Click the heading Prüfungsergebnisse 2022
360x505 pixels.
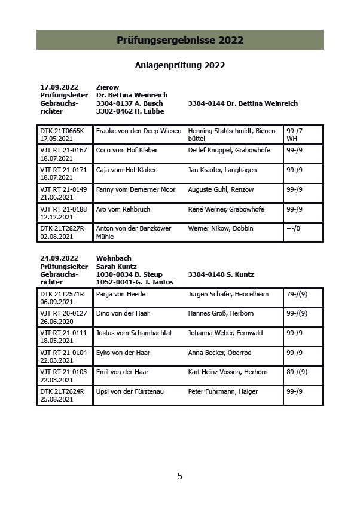tap(179, 41)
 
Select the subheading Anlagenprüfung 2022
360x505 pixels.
tap(179, 65)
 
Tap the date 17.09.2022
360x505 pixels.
tap(59, 87)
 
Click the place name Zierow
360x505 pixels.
tap(108, 87)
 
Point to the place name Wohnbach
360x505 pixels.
tap(114, 258)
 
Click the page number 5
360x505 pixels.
tap(179, 476)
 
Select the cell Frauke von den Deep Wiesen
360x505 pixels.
tap(139, 131)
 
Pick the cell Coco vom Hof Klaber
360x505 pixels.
tap(126, 150)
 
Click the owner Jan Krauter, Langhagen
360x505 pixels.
tap(222, 170)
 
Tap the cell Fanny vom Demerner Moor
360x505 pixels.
tap(136, 189)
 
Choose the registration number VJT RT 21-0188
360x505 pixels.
tap(63, 209)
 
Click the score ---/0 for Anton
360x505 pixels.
tap(294, 228)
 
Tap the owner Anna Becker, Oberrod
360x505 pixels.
tap(219, 353)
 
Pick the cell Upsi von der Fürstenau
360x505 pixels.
tap(130, 391)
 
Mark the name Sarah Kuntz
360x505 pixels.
tap(117, 267)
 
